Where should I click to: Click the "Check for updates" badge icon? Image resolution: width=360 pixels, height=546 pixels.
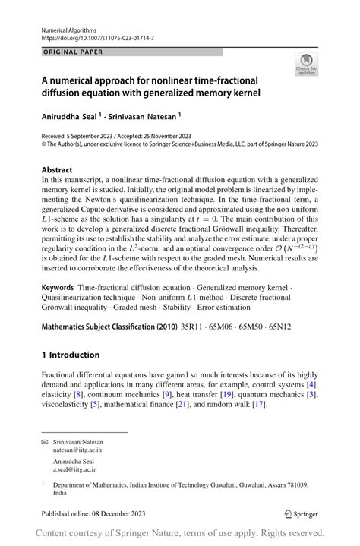coord(307,64)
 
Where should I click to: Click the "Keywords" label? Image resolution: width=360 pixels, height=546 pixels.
coord(58,289)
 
